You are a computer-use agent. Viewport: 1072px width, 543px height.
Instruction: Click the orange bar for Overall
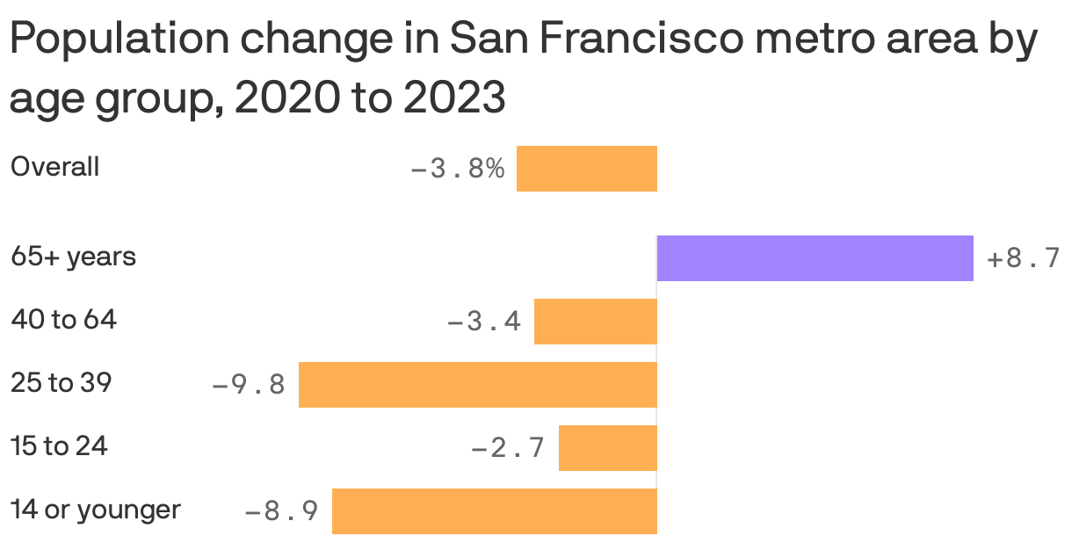pyautogui.click(x=586, y=169)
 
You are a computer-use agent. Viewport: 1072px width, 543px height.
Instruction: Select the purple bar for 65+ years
pyautogui.click(x=815, y=258)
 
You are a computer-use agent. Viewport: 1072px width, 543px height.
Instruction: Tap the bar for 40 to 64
pyautogui.click(x=595, y=322)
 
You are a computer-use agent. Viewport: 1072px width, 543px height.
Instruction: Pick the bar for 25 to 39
pyautogui.click(x=477, y=385)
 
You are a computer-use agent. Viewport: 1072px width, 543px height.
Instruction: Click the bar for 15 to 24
pyautogui.click(x=607, y=448)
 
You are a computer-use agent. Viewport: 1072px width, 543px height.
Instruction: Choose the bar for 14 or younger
pyautogui.click(x=494, y=511)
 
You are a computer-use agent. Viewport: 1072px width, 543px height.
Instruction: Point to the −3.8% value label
pyautogui.click(x=457, y=169)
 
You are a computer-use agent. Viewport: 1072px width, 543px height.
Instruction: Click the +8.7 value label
pyautogui.click(x=1023, y=259)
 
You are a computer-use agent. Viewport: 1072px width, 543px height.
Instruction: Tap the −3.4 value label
pyautogui.click(x=484, y=322)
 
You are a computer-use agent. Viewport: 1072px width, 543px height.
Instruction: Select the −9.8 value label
pyautogui.click(x=249, y=386)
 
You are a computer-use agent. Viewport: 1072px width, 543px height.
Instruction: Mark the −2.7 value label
pyautogui.click(x=509, y=449)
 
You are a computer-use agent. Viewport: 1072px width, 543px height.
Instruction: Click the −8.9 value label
pyautogui.click(x=281, y=511)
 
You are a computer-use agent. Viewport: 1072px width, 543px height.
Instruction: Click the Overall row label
pyautogui.click(x=54, y=167)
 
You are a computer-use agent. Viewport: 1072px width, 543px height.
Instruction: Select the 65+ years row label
pyautogui.click(x=73, y=257)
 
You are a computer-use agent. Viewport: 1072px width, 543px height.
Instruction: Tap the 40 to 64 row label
pyautogui.click(x=63, y=321)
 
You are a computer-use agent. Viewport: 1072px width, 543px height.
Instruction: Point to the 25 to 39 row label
pyautogui.click(x=61, y=384)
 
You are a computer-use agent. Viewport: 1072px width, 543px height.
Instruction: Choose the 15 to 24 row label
pyautogui.click(x=59, y=447)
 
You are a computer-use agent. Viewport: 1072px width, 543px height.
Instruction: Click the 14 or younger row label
pyautogui.click(x=95, y=510)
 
